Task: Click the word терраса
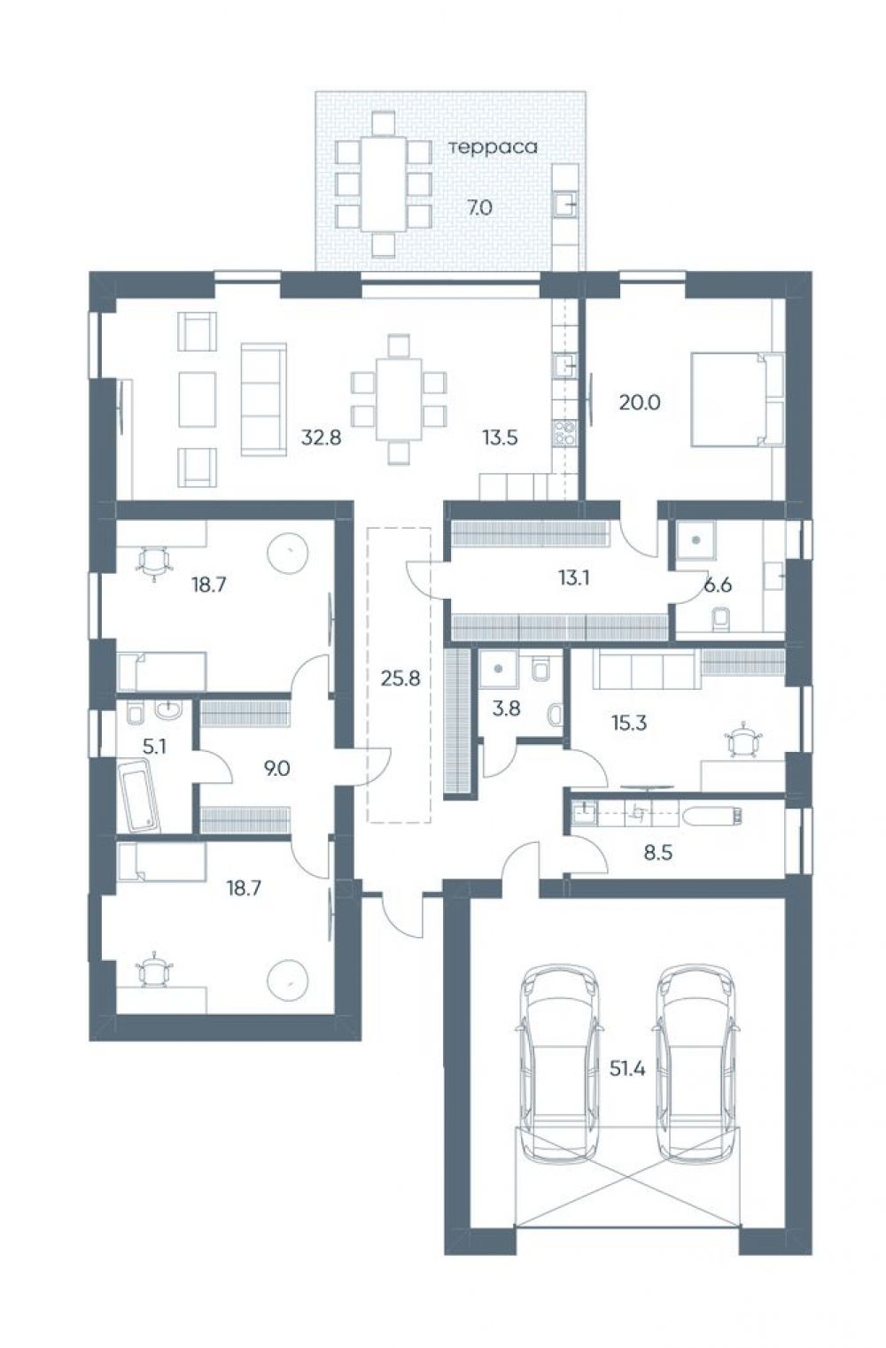pyautogui.click(x=493, y=147)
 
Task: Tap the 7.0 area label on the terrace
pyautogui.click(x=480, y=207)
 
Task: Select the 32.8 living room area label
pyautogui.click(x=322, y=438)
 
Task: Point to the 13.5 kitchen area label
pyautogui.click(x=500, y=438)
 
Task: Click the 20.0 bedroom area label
pyautogui.click(x=640, y=402)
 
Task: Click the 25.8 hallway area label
pyautogui.click(x=400, y=678)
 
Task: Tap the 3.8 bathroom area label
pyautogui.click(x=506, y=709)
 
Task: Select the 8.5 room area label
pyautogui.click(x=658, y=852)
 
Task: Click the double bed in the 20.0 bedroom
pyautogui.click(x=738, y=399)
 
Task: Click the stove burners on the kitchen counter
pyautogui.click(x=564, y=432)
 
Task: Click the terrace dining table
pyautogui.click(x=384, y=184)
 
